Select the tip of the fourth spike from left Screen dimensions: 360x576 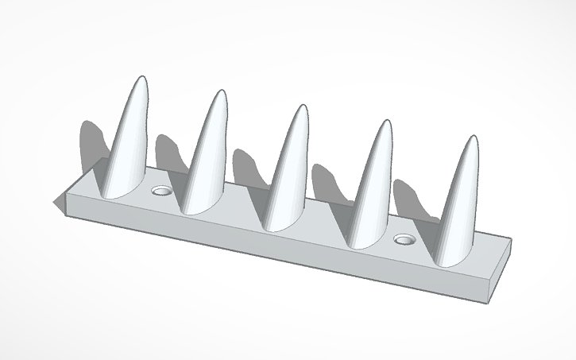coord(385,123)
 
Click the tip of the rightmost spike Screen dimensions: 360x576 coord(474,139)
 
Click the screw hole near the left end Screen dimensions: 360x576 coord(162,191)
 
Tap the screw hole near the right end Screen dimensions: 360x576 coord(405,238)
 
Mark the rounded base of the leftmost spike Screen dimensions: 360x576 coord(119,188)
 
